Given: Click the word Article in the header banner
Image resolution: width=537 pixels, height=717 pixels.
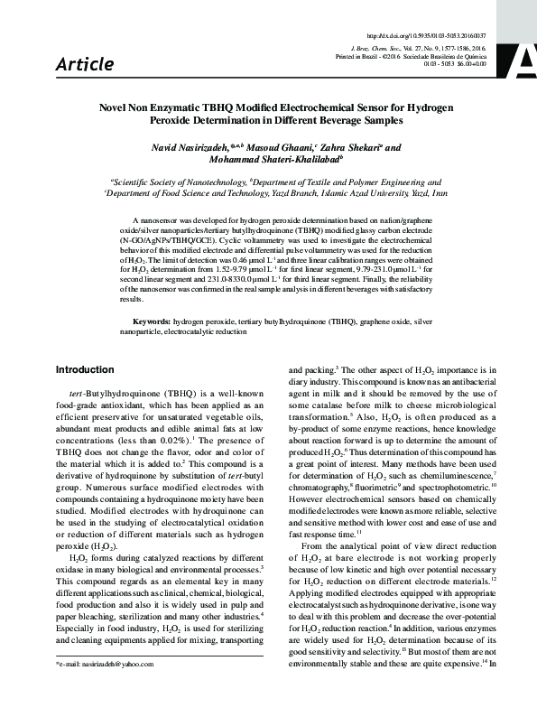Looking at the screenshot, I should pyautogui.click(x=85, y=64).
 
